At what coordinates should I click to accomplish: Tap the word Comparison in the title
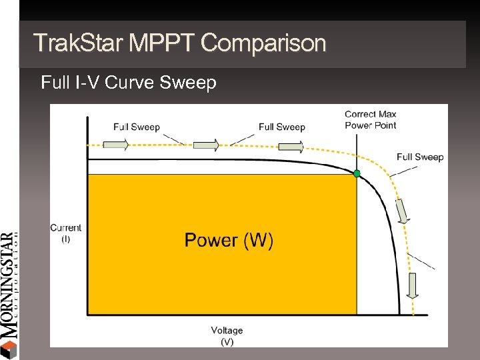[x=263, y=43]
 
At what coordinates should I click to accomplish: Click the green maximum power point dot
[x=357, y=173]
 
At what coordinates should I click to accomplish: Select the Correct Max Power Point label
[x=370, y=119]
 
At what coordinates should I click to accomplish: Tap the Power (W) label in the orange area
[x=229, y=240]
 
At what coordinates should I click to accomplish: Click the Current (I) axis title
[x=65, y=233]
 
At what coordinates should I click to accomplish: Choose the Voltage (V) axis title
[x=227, y=335]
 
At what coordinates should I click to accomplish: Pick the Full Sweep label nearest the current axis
[x=136, y=127]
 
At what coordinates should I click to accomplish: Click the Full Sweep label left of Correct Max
[x=281, y=127]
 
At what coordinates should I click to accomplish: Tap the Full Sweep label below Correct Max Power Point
[x=419, y=157]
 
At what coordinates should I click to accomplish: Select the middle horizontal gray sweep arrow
[x=206, y=145]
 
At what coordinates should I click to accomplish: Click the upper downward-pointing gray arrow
[x=403, y=211]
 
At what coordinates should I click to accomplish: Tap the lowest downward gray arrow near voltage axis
[x=412, y=285]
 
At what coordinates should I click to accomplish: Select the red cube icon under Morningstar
[x=9, y=349]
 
